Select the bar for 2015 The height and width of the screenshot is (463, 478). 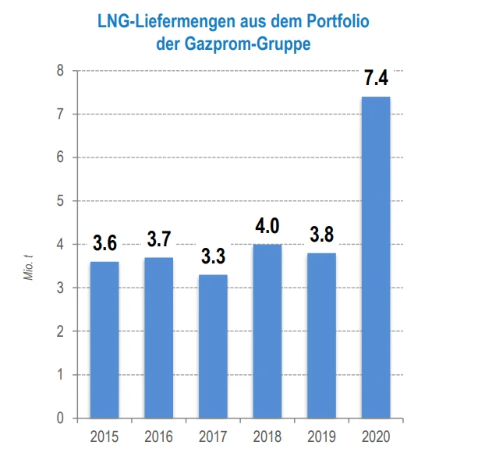[104, 340]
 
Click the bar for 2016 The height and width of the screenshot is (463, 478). [158, 338]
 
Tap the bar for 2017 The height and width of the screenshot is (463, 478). [212, 346]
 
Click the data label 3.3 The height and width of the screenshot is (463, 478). [212, 256]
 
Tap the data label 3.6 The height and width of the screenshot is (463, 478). [104, 243]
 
